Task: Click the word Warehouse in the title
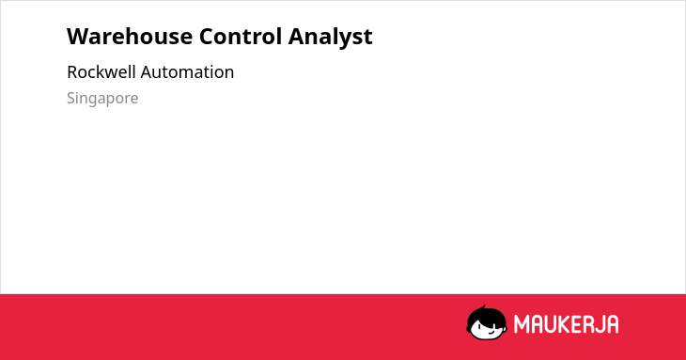[x=130, y=36]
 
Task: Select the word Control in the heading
[x=241, y=36]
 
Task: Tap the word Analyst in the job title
[x=330, y=37]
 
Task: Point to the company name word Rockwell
[x=101, y=71]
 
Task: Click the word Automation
[x=187, y=72]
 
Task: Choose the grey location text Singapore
[x=102, y=99]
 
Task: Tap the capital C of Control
[x=207, y=37]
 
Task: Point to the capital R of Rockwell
[x=72, y=72]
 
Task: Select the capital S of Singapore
[x=71, y=98]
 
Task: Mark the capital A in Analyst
[x=297, y=37]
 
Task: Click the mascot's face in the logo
[x=487, y=328]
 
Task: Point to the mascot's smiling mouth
[x=491, y=332]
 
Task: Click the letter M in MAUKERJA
[x=522, y=324]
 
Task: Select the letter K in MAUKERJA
[x=565, y=324]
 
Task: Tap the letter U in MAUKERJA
[x=552, y=324]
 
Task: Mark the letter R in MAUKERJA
[x=588, y=324]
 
